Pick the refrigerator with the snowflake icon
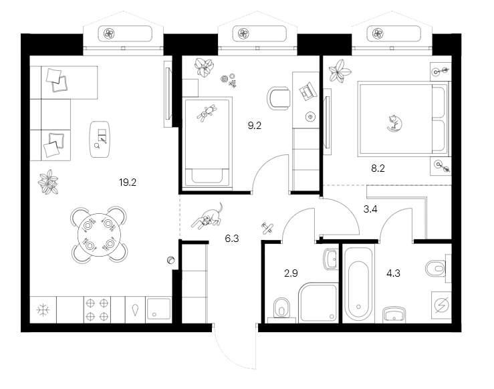[x=43, y=310]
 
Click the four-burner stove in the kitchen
[x=98, y=310]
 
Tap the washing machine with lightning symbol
[x=441, y=305]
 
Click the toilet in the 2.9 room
[x=281, y=308]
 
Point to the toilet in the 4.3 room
[x=435, y=268]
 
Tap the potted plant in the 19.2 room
[x=48, y=181]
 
